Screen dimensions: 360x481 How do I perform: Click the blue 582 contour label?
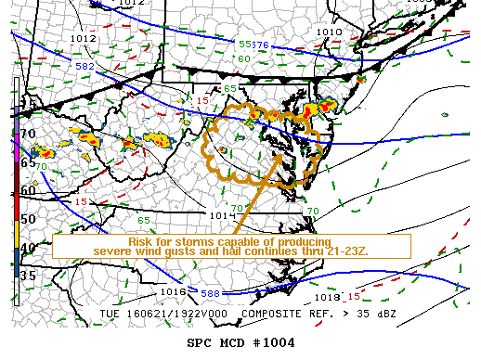tap(84, 67)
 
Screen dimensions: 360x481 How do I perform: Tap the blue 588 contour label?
tap(210, 293)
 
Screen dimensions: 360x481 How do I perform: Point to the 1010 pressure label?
tap(328, 32)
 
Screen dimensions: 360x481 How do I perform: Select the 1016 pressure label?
tap(174, 291)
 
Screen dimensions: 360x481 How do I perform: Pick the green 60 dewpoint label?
tap(243, 59)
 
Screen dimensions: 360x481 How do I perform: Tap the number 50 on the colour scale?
tap(28, 218)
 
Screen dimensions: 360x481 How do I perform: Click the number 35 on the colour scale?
tap(28, 276)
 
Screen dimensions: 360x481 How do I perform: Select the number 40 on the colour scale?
tap(28, 248)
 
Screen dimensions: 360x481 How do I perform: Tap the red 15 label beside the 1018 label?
tap(354, 297)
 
